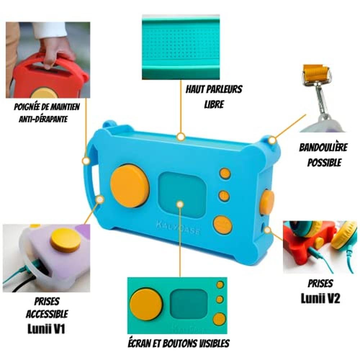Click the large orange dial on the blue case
coord(130,186)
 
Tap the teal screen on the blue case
coord(183,194)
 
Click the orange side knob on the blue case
coord(267,202)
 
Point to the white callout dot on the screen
coord(180,204)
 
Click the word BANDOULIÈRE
coord(323,147)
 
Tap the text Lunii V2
coord(320,298)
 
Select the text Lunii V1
coord(46,329)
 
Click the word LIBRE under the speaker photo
coord(214,104)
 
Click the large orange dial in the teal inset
coord(146,305)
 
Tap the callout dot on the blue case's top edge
coord(181,137)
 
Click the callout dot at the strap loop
coord(272,140)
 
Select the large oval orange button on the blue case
coord(222,225)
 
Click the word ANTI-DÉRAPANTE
coord(43,119)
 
